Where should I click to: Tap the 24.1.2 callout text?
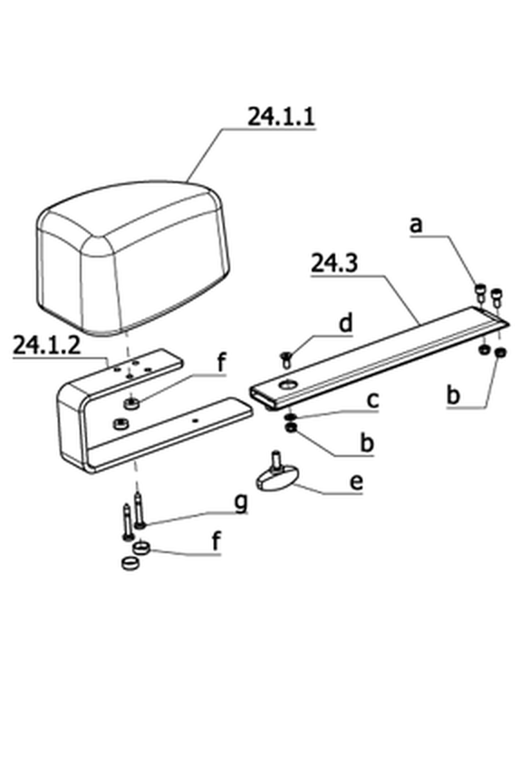click(46, 345)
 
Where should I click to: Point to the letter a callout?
click(416, 225)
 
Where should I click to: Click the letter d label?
click(346, 323)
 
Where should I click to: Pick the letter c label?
click(372, 401)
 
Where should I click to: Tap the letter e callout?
click(356, 482)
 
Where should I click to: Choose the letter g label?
click(241, 503)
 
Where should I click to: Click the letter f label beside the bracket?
click(221, 363)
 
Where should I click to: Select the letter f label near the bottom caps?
click(217, 541)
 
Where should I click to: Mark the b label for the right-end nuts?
click(453, 395)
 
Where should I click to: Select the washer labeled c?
click(290, 417)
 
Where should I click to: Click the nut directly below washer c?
click(292, 427)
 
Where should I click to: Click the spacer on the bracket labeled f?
click(131, 403)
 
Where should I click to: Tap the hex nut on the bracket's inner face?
click(120, 423)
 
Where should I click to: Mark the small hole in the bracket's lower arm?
click(195, 421)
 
